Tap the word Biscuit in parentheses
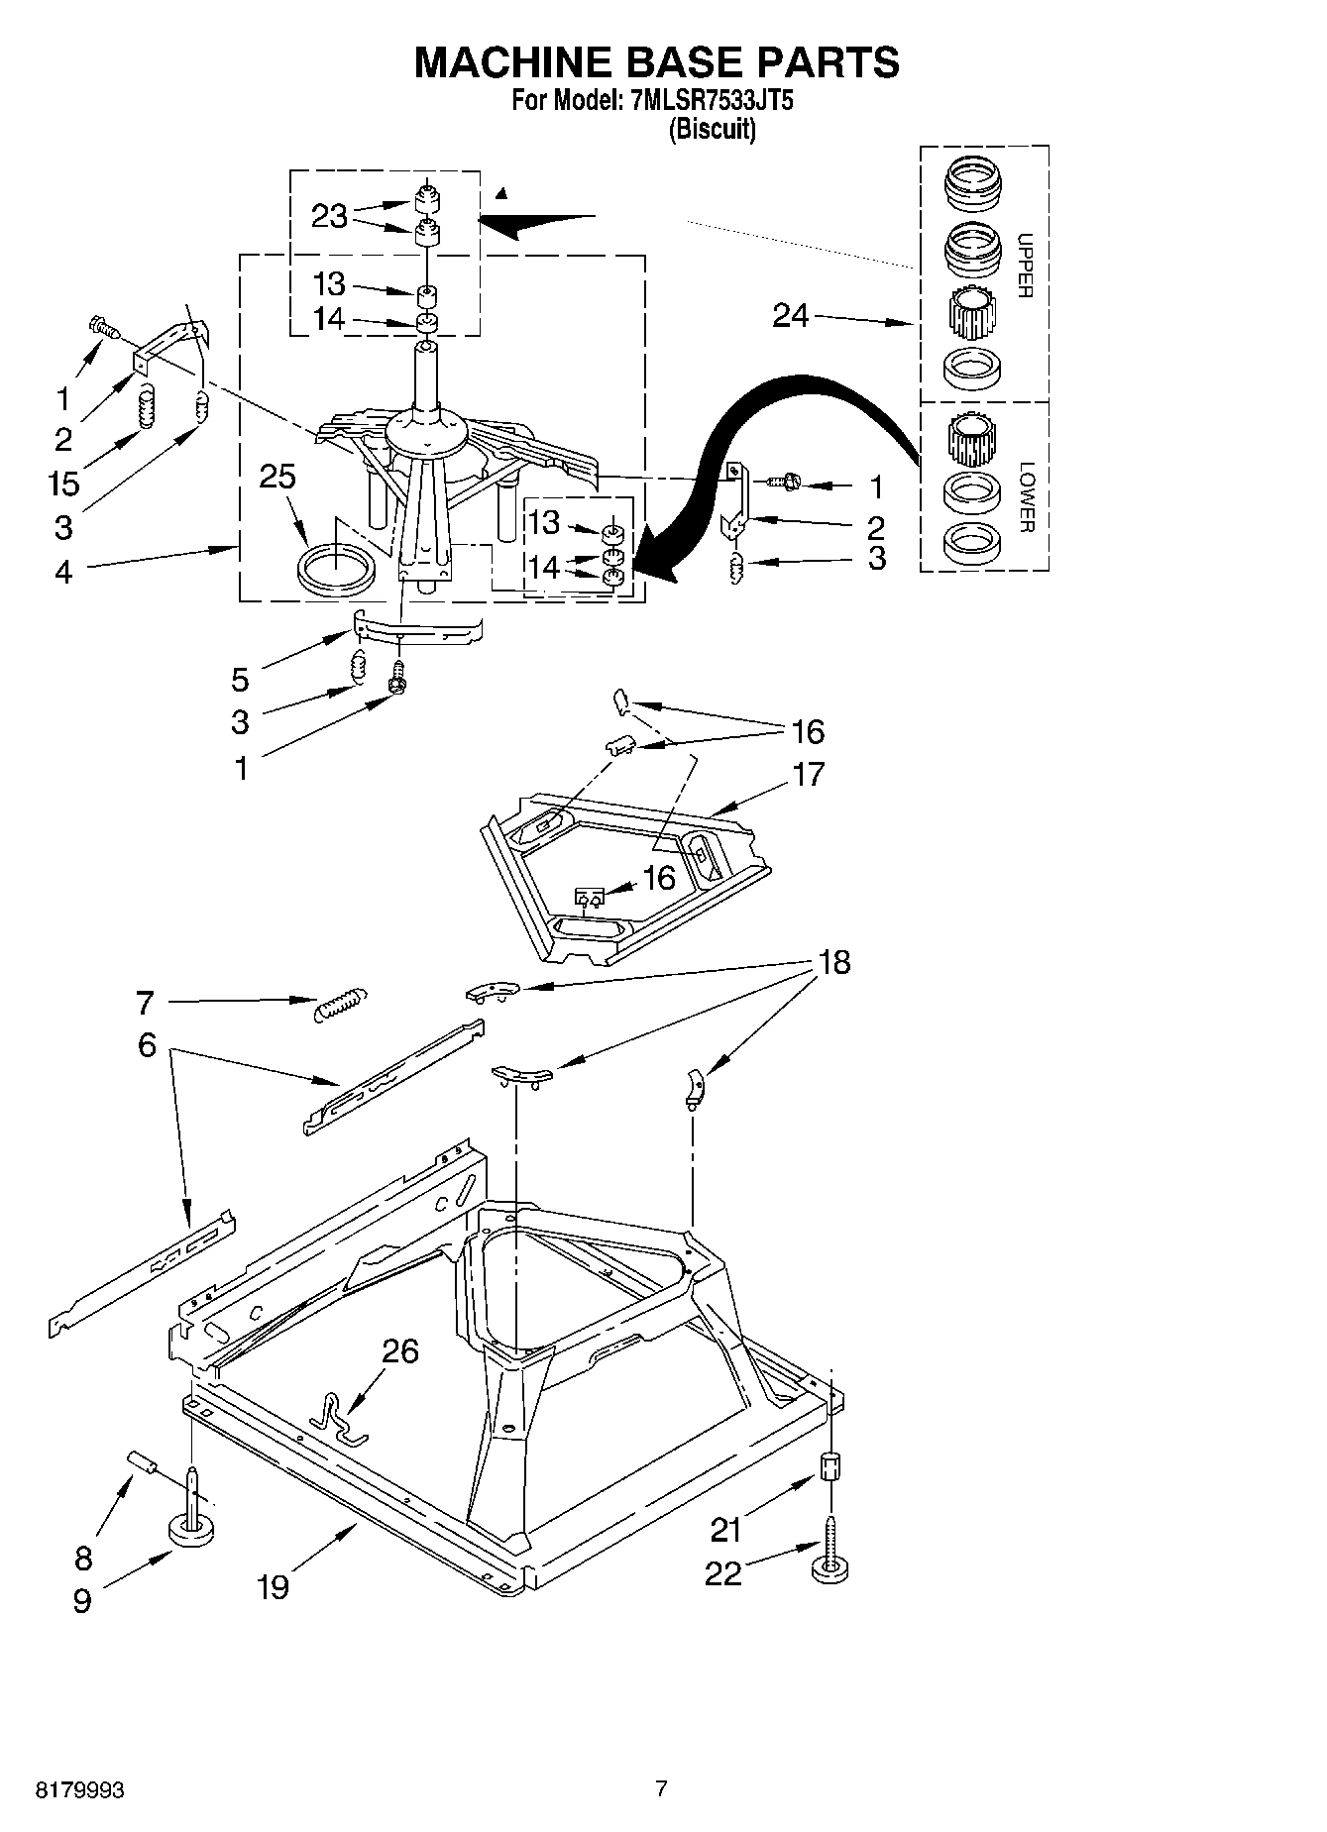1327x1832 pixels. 712,129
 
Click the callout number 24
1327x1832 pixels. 791,316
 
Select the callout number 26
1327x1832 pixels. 401,1350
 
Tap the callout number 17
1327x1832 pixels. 809,774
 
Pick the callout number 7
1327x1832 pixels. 146,1003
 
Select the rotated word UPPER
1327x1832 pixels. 1025,266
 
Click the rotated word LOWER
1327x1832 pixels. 1025,496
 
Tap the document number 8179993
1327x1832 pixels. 79,1789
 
